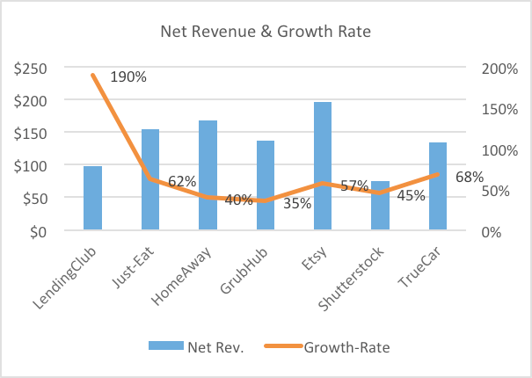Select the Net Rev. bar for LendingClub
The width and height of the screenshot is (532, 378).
pyautogui.click(x=92, y=199)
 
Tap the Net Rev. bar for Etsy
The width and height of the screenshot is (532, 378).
pyautogui.click(x=323, y=166)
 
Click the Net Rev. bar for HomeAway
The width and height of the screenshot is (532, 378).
pyautogui.click(x=208, y=176)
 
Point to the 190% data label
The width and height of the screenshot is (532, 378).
pyautogui.click(x=130, y=76)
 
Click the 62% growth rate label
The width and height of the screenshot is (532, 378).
pyautogui.click(x=182, y=181)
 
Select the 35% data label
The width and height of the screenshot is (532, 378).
pyautogui.click(x=297, y=204)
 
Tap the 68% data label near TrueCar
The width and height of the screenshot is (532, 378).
pyautogui.click(x=470, y=177)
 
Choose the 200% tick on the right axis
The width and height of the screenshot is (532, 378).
pyautogui.click(x=497, y=68)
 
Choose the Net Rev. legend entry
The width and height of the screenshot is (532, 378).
pyautogui.click(x=210, y=347)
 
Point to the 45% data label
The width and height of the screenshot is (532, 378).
pyautogui.click(x=411, y=196)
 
